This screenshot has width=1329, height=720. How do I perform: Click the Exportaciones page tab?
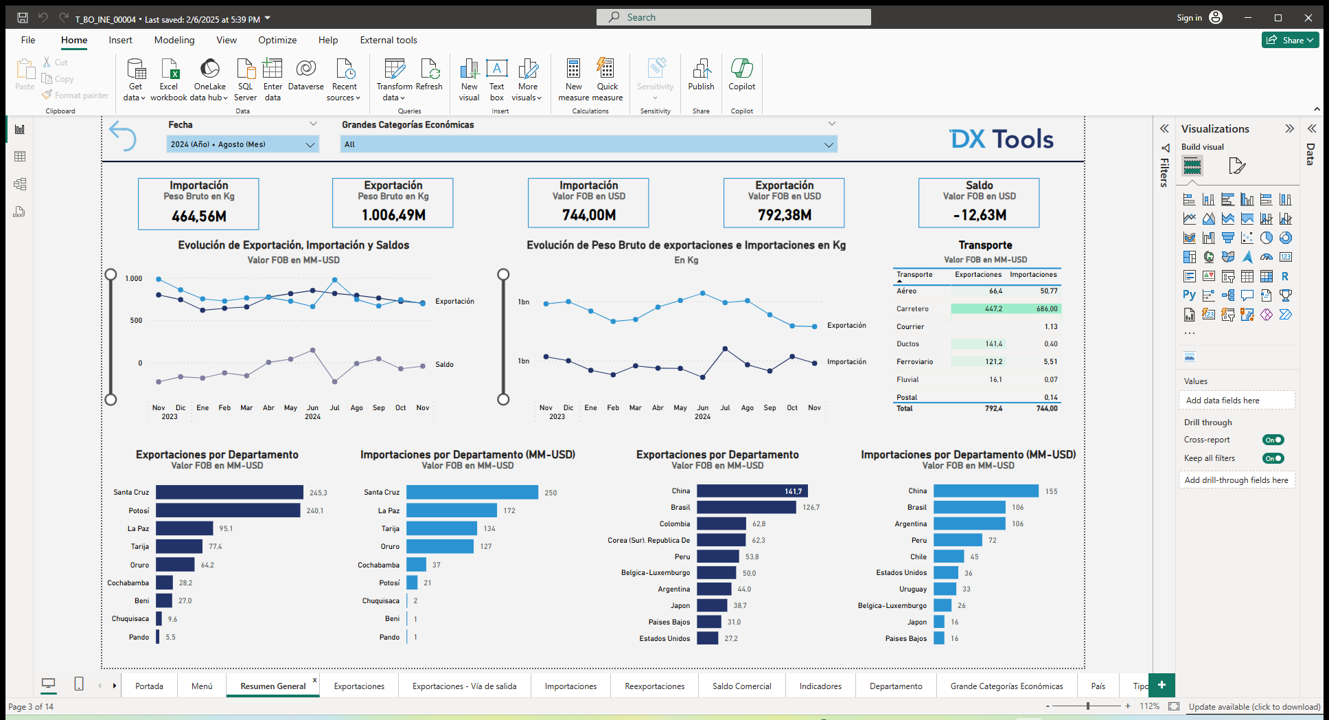359,686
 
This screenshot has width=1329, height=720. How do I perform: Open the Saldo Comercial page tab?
741,686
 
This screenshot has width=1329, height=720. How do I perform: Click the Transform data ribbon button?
394,80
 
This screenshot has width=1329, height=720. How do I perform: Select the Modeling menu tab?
174,40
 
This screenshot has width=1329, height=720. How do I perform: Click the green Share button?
1290,40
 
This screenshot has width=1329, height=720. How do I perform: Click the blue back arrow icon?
123,135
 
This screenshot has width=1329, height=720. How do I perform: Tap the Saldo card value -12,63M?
979,215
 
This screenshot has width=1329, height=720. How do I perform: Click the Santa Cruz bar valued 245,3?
229,493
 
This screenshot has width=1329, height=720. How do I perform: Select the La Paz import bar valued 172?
452,510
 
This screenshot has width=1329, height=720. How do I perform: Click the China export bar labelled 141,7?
752,491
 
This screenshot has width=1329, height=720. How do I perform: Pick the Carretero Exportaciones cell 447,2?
993,309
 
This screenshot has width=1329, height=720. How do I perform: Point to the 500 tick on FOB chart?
136,321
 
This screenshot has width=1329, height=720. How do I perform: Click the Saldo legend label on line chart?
444,365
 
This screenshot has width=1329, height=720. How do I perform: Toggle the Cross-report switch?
1273,440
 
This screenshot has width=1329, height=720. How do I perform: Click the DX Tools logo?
1002,139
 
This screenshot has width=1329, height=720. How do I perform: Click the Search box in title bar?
733,17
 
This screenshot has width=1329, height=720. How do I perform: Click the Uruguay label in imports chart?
912,589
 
